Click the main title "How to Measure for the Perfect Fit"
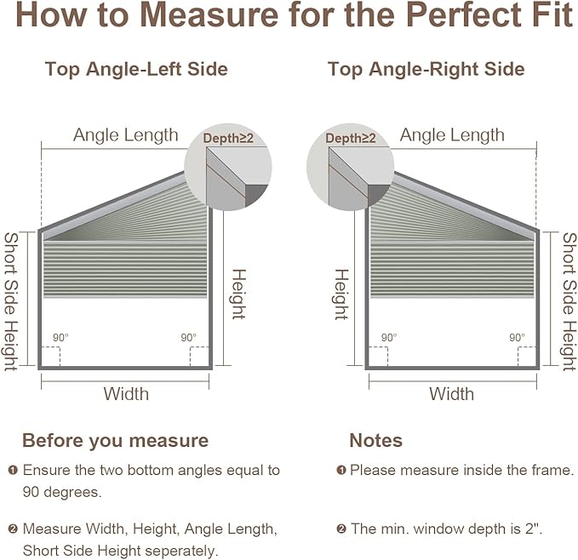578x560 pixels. [295, 14]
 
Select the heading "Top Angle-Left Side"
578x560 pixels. [136, 69]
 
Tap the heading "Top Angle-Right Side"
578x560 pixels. [426, 69]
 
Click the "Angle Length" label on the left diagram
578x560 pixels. [126, 135]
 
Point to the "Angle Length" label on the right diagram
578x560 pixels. [452, 135]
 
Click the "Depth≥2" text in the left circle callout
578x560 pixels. [228, 138]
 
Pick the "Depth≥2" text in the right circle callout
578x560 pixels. [351, 138]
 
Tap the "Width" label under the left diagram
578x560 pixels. [126, 394]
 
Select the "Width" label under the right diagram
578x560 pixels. [451, 394]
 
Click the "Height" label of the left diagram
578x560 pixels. [238, 294]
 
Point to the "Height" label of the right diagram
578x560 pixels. [341, 294]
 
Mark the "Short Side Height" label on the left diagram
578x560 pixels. [11, 301]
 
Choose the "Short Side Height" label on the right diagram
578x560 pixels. [569, 301]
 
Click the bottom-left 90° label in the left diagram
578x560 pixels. [60, 338]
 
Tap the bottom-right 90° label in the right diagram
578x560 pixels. [518, 338]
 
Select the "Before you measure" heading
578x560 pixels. [116, 441]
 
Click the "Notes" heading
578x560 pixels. [376, 441]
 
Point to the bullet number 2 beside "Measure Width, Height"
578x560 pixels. [13, 529]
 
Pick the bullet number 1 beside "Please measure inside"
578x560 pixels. [341, 470]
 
